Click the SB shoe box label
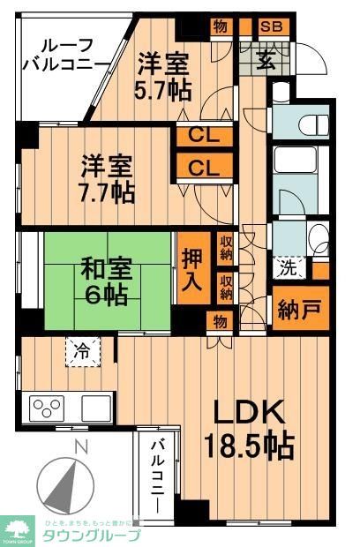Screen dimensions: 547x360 coord(271,26)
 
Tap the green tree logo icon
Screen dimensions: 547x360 coord(19,529)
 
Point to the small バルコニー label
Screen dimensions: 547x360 coord(158,476)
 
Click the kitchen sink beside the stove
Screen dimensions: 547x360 coord(96,408)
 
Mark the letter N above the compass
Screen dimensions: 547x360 coord(80,448)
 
